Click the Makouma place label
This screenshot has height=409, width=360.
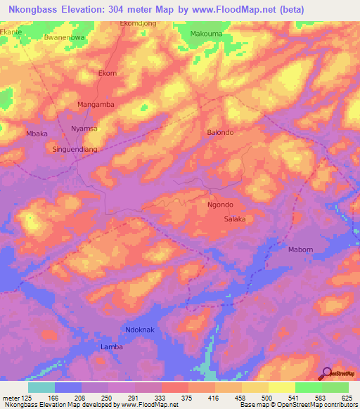coord(205,33)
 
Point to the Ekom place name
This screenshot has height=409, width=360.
coord(108,73)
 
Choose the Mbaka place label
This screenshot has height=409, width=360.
coord(37,133)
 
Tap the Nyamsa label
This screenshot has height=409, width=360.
coord(84,129)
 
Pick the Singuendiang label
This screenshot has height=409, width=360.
coord(75,149)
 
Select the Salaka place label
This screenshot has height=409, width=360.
coord(235,219)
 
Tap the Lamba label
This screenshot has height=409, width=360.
coord(112,347)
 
